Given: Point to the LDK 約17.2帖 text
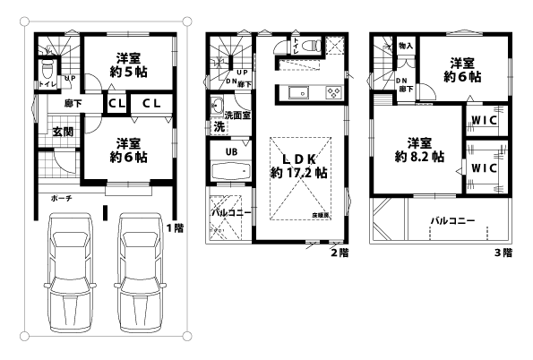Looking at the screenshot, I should click(296, 165).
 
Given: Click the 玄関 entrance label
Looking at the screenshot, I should click(62, 132).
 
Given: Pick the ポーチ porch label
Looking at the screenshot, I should click(62, 197).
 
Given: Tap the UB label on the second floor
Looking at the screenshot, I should click(230, 150).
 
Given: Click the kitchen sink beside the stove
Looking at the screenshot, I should click(298, 90).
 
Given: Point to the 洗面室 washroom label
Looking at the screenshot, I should click(237, 115).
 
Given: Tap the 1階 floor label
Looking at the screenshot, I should click(174, 227).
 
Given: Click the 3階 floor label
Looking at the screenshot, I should click(503, 253).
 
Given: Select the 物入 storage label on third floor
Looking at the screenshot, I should click(406, 45).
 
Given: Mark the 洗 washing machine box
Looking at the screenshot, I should click(219, 126).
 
